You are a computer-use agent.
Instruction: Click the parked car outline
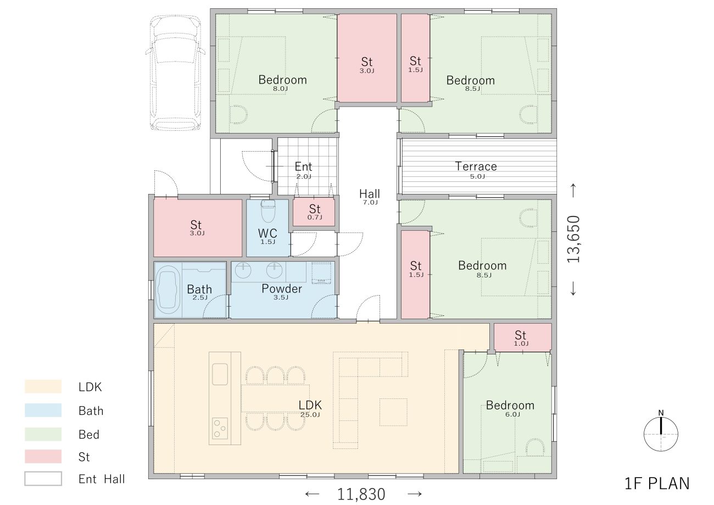[x=175, y=73]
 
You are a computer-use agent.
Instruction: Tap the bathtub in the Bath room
[x=168, y=290]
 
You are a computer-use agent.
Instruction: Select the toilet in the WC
[x=268, y=210]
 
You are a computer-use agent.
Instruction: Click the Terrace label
[x=476, y=166]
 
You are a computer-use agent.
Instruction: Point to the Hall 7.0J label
[x=370, y=197]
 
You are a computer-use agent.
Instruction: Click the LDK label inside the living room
[x=310, y=405]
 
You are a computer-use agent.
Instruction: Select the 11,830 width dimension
[x=361, y=494]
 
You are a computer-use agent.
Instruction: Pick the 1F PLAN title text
[x=657, y=484]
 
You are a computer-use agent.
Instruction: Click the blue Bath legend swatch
[x=43, y=410]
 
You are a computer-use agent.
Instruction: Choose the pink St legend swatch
[x=43, y=456]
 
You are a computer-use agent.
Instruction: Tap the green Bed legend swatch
[x=43, y=434]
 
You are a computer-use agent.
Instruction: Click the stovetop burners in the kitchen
[x=220, y=428]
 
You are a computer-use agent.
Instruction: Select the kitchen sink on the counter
[x=220, y=374]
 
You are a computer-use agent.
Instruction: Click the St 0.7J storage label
[x=315, y=212]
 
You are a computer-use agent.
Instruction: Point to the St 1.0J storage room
[x=522, y=337]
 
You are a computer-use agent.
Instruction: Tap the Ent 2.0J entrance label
[x=303, y=170]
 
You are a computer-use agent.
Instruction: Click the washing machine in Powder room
[x=321, y=273]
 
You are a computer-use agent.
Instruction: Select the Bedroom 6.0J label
[x=510, y=408]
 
